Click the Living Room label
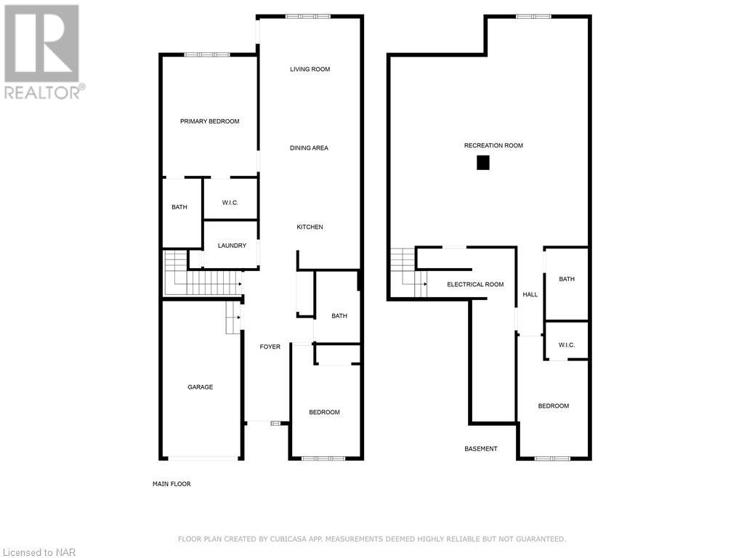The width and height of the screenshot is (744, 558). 310,70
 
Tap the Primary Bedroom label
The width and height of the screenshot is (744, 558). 209,121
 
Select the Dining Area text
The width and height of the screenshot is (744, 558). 309,148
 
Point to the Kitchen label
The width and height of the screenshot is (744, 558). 310,227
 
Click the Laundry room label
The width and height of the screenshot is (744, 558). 232,246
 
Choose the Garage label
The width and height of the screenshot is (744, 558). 201,387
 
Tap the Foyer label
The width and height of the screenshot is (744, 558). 270,347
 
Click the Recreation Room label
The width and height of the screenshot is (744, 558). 493,146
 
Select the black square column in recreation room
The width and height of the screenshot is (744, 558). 483,163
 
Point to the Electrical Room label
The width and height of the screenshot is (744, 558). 475,285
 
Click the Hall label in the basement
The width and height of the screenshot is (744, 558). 530,295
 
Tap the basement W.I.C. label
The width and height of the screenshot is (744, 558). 567,345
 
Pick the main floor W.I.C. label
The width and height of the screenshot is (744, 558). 230,203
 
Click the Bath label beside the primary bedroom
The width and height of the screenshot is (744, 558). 179,207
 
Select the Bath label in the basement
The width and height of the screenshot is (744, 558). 567,279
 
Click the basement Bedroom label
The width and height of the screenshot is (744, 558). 553,406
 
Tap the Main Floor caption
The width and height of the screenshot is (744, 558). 171,484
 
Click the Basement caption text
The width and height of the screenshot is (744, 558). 481,449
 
